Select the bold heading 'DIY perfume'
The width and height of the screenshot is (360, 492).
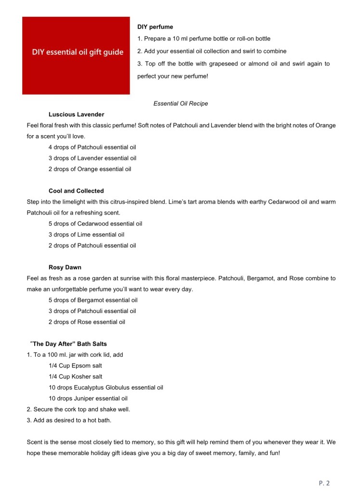click(155, 27)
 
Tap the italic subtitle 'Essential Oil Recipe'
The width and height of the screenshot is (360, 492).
click(180, 103)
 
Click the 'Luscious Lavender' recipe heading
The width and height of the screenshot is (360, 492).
click(76, 114)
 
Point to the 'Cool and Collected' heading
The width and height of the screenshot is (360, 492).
click(76, 191)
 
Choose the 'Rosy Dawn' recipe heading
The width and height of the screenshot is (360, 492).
click(65, 267)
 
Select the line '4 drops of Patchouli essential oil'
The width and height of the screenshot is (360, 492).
click(92, 147)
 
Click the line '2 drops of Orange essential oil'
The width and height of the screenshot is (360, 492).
click(90, 169)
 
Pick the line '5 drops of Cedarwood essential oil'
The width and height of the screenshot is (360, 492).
click(95, 224)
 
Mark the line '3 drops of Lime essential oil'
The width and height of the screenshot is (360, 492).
click(86, 235)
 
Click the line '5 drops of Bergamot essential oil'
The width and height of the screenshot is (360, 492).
click(93, 300)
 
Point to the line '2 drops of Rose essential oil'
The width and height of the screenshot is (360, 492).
click(87, 322)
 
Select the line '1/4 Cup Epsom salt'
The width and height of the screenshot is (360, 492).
click(75, 366)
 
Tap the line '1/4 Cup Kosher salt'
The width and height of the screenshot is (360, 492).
click(76, 377)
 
